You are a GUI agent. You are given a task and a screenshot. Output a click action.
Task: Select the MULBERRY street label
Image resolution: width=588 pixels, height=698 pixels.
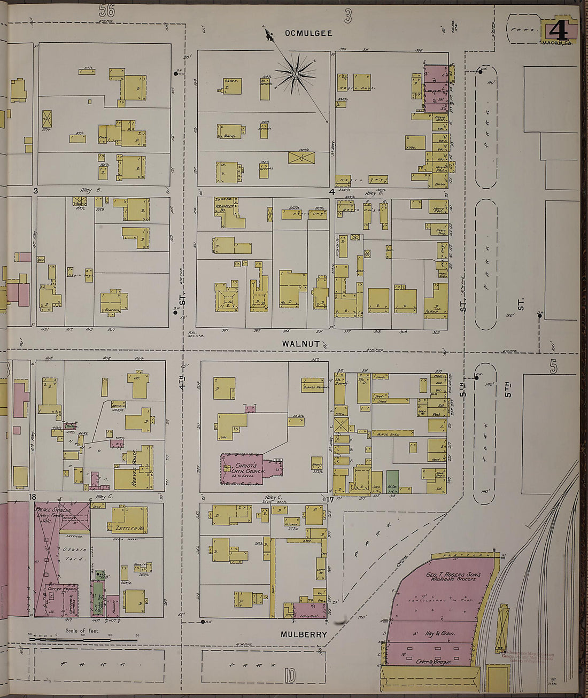coord(304,634)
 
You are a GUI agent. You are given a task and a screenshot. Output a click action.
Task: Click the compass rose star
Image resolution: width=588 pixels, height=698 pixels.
coord(295,72)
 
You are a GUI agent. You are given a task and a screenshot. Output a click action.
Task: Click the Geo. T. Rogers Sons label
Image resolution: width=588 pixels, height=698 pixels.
coord(453,577)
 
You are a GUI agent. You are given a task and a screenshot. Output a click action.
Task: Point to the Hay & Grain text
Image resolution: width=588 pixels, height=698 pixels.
coord(440,634)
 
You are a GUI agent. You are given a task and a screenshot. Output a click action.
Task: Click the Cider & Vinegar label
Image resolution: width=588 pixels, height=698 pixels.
coord(434,662)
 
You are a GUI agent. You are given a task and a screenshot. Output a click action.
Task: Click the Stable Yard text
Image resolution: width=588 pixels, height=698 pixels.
coord(72,555)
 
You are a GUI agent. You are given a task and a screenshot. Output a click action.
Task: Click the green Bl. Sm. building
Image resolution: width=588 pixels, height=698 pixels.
coord(392,481)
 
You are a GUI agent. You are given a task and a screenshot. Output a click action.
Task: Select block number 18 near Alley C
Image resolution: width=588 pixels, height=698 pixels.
coord(33,497)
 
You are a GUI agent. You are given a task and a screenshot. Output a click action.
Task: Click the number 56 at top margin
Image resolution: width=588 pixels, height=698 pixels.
coord(107,10)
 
